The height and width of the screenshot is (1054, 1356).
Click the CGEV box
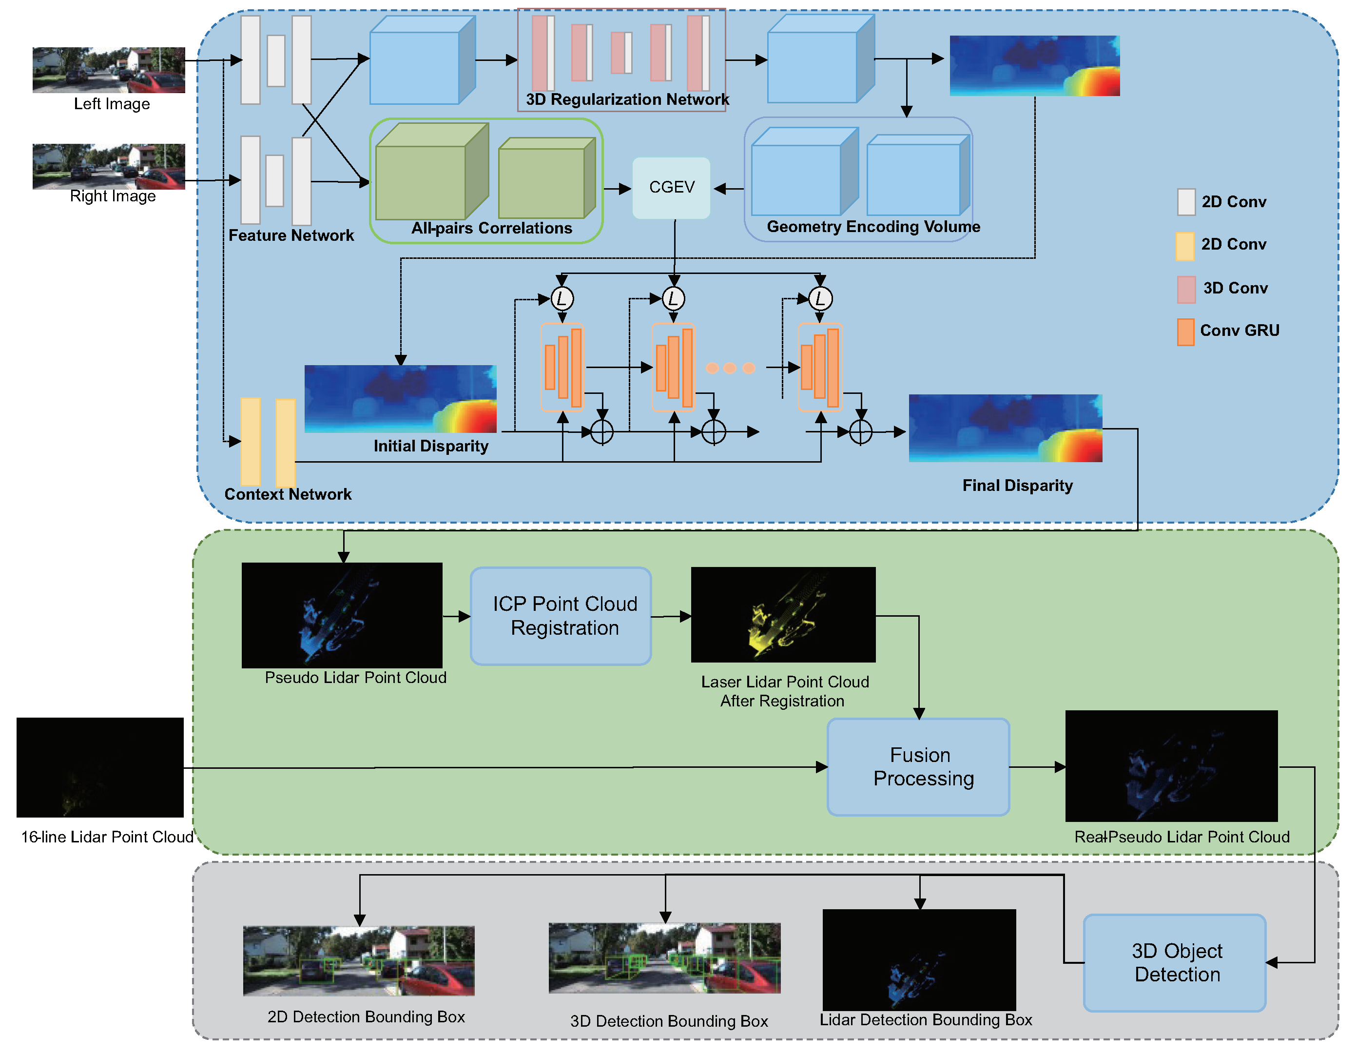[x=671, y=188]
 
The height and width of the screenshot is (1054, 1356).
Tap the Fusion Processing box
[x=919, y=766]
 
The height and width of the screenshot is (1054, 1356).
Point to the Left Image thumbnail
[x=109, y=70]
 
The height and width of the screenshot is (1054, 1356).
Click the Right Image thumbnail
[x=109, y=166]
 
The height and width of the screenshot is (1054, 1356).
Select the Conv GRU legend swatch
[x=1185, y=332]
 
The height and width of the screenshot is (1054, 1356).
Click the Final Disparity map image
[x=1005, y=428]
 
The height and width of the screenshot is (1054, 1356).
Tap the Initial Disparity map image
[x=401, y=399]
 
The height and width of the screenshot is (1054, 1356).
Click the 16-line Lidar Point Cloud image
[x=100, y=767]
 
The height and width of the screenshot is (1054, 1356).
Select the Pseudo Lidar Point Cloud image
[x=342, y=615]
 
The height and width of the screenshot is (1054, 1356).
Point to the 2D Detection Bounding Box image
[x=359, y=961]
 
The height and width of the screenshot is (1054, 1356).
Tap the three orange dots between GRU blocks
[x=730, y=368]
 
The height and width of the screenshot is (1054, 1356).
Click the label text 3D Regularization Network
[x=627, y=99]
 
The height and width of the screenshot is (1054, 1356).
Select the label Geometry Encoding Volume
[x=873, y=227]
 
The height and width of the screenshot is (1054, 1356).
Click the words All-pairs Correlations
[x=491, y=228]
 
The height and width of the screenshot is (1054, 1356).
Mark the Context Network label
[x=288, y=494]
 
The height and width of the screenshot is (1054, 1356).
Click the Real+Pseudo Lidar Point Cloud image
[x=1171, y=765]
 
